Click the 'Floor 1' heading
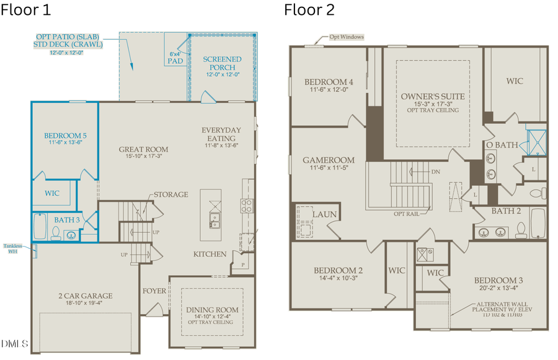(x=26, y=11)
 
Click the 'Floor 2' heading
(x=309, y=11)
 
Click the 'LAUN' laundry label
(x=324, y=214)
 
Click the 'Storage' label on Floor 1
(x=170, y=195)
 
